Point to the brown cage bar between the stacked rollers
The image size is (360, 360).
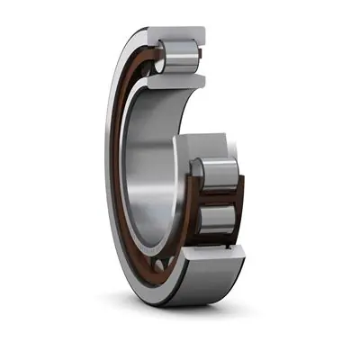[x=219, y=196]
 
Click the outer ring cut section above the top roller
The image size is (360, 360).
[x=176, y=34]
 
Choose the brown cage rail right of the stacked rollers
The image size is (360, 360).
[x=240, y=193]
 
